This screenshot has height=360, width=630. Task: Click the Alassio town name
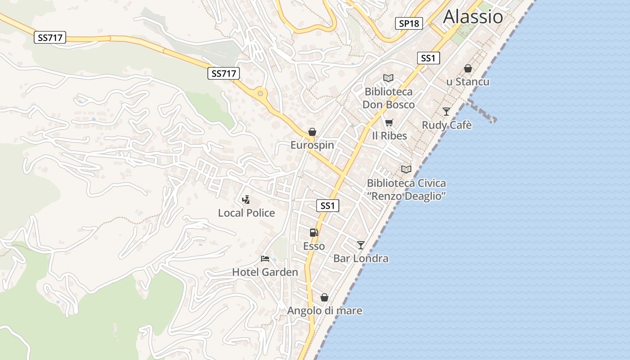pyautogui.click(x=473, y=17)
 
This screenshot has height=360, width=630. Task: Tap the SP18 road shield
pyautogui.click(x=409, y=23)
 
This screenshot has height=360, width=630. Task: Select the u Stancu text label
pyautogui.click(x=468, y=82)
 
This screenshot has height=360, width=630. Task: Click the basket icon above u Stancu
pyautogui.click(x=468, y=68)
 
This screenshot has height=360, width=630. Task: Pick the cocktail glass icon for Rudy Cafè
pyautogui.click(x=446, y=112)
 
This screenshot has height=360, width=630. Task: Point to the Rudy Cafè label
pyautogui.click(x=446, y=125)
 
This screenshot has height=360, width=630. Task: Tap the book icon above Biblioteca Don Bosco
pyautogui.click(x=388, y=78)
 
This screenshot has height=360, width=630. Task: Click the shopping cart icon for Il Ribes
pyautogui.click(x=389, y=122)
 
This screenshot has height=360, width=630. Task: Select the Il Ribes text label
pyautogui.click(x=389, y=136)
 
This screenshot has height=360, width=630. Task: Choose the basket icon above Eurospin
pyautogui.click(x=312, y=132)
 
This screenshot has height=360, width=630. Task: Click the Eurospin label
pyautogui.click(x=312, y=145)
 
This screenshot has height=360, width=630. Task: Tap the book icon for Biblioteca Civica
pyautogui.click(x=406, y=170)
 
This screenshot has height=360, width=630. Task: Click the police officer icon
pyautogui.click(x=246, y=199)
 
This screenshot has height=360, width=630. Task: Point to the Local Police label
pyautogui.click(x=246, y=213)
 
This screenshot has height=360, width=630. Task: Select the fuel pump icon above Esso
pyautogui.click(x=314, y=233)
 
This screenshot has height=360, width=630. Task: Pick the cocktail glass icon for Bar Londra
pyautogui.click(x=360, y=245)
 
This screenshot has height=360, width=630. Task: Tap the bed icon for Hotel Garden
pyautogui.click(x=265, y=259)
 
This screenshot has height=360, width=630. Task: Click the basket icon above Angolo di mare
pyautogui.click(x=324, y=297)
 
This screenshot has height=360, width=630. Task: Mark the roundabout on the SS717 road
pyautogui.click(x=260, y=94)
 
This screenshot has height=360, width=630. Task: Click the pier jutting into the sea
pyautogui.click(x=481, y=111)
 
